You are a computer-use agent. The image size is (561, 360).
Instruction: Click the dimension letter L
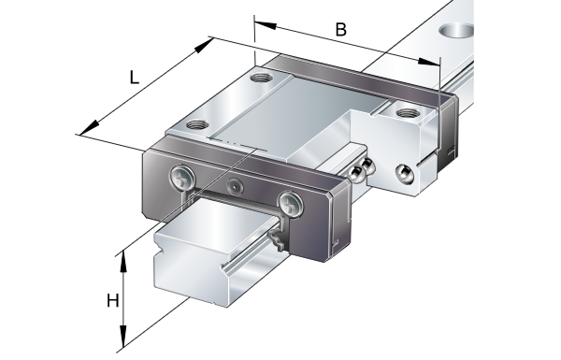pyautogui.click(x=134, y=78)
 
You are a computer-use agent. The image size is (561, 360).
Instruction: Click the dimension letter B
pyautogui.click(x=341, y=29)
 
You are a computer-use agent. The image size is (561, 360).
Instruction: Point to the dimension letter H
pyautogui.click(x=113, y=300)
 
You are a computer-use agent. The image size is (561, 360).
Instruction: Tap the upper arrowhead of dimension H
pyautogui.click(x=123, y=262)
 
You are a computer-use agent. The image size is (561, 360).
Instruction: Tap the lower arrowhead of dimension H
pyautogui.click(x=123, y=337)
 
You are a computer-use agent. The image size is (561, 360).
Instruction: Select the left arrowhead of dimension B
pyautogui.click(x=265, y=25)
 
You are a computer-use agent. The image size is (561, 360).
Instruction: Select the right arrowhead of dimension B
pyautogui.click(x=428, y=62)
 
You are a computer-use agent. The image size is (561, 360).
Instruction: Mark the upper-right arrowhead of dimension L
pyautogui.click(x=204, y=46)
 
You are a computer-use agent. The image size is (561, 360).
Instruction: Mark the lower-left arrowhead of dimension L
pyautogui.click(x=90, y=128)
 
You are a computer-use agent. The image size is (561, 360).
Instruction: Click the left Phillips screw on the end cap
pyautogui.click(x=183, y=177)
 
